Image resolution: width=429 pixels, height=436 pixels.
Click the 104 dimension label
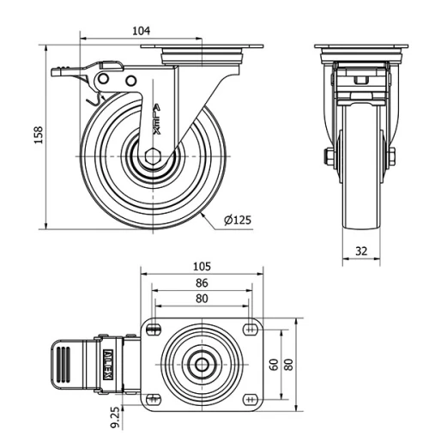(x=142, y=29)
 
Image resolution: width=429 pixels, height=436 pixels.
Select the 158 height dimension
(x=39, y=136)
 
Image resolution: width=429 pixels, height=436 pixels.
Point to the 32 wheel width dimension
(x=360, y=251)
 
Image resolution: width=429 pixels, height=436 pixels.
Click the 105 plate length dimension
(x=202, y=267)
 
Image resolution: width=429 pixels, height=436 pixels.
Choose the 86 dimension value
(x=202, y=282)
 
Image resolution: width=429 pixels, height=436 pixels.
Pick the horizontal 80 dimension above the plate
(x=202, y=299)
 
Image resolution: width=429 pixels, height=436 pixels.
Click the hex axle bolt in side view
(x=153, y=157)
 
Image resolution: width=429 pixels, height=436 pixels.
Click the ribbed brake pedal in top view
(x=68, y=363)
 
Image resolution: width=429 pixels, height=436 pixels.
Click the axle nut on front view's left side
(x=329, y=157)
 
